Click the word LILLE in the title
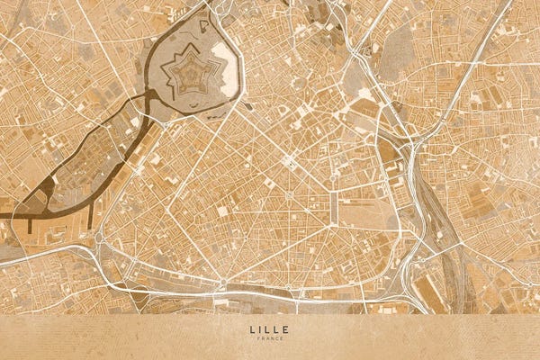[270, 329]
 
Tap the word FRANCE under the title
[270, 338]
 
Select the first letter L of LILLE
[252, 329]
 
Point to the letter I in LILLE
[261, 329]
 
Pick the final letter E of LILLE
[288, 329]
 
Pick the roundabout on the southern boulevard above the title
[220, 285]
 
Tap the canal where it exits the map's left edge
[4, 216]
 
